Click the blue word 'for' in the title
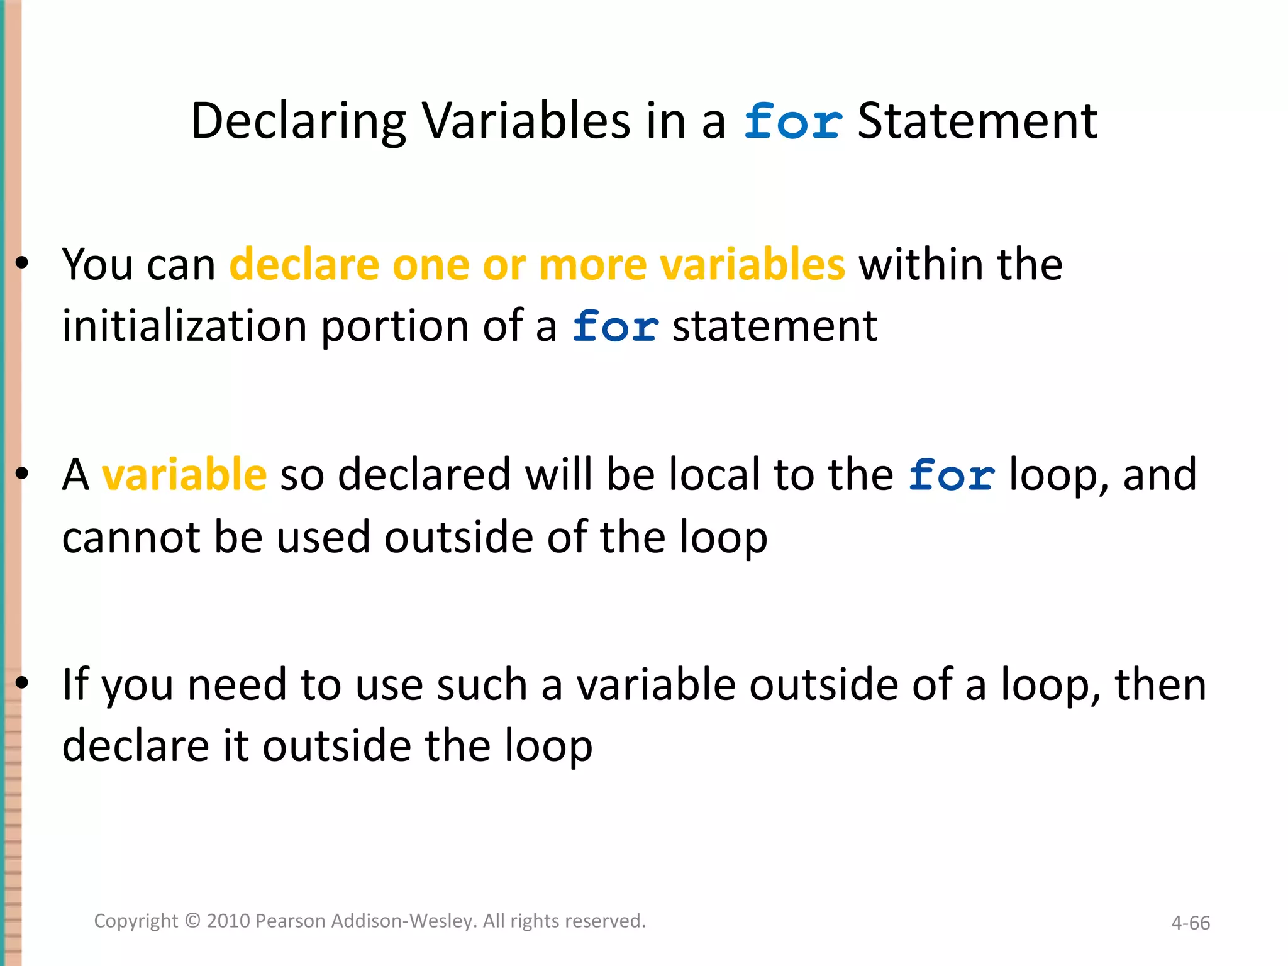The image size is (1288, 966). tap(792, 121)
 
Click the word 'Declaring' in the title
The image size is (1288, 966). tap(299, 121)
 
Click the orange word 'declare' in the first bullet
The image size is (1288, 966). tap(304, 264)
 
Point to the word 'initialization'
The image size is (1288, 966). tap(184, 326)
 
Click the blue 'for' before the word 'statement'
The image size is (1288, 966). tap(615, 328)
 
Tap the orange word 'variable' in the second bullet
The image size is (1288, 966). tap(184, 474)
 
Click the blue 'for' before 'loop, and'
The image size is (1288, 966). tap(952, 475)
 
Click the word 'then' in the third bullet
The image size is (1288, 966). tap(1160, 684)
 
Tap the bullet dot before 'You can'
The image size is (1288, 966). tap(22, 264)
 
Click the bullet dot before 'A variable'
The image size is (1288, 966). tap(22, 474)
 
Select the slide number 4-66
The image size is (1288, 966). tap(1190, 923)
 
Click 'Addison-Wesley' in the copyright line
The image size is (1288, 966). tap(402, 921)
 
